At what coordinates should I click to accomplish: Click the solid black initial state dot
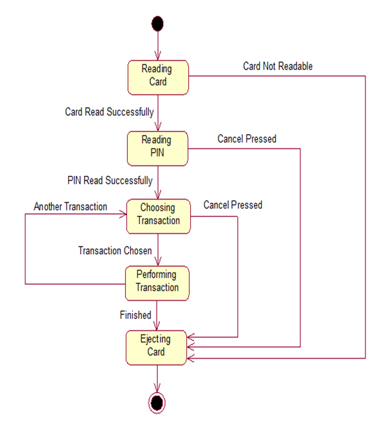(x=157, y=24)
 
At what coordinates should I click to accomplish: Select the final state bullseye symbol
(x=157, y=403)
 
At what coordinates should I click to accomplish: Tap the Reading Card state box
(x=157, y=77)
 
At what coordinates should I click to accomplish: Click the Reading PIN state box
(x=157, y=147)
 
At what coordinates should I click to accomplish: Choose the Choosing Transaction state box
(x=158, y=215)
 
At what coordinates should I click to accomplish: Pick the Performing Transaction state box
(x=157, y=283)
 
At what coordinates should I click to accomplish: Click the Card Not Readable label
(x=278, y=66)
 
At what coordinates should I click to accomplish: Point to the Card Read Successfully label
(x=110, y=112)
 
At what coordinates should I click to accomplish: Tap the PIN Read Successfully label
(x=110, y=180)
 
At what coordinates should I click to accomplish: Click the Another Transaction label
(x=71, y=207)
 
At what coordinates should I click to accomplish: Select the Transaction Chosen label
(x=115, y=249)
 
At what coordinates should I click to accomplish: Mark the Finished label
(x=135, y=315)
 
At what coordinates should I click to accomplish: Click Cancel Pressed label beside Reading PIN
(x=247, y=138)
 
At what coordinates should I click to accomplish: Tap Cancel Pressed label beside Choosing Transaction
(x=233, y=205)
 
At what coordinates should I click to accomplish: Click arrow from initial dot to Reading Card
(x=157, y=45)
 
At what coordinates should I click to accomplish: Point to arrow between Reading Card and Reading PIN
(x=157, y=112)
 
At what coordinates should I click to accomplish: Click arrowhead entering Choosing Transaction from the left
(x=121, y=215)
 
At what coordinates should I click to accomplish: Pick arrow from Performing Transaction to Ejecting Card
(x=157, y=316)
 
